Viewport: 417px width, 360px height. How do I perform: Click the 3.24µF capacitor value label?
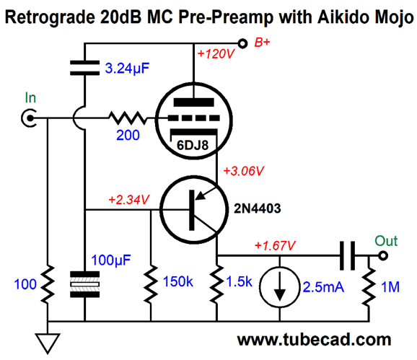[127, 69]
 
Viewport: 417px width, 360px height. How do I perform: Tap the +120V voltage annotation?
[216, 54]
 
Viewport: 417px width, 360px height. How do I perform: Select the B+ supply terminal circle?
[242, 43]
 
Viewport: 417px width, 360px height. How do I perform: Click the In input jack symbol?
[29, 118]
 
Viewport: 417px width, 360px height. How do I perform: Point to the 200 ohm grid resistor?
[128, 118]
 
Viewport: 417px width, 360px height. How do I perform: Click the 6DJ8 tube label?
[193, 145]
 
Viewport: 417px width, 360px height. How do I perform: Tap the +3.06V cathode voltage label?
[244, 171]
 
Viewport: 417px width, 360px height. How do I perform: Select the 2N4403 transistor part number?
[257, 208]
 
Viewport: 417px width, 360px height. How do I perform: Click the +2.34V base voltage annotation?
[129, 200]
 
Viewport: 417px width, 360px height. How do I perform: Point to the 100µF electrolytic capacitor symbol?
[84, 284]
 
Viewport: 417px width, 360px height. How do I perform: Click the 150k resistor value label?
[178, 281]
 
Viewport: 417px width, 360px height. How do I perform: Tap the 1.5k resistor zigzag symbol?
[217, 284]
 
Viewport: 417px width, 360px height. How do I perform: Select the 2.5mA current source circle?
[279, 287]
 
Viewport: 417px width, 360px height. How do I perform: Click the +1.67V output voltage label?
[275, 246]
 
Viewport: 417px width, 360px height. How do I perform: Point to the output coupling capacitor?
[348, 256]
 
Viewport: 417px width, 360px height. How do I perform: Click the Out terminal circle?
[383, 256]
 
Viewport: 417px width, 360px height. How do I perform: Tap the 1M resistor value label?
[390, 287]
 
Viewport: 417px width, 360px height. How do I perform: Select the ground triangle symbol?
[48, 343]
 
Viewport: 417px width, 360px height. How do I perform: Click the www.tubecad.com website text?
[314, 340]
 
